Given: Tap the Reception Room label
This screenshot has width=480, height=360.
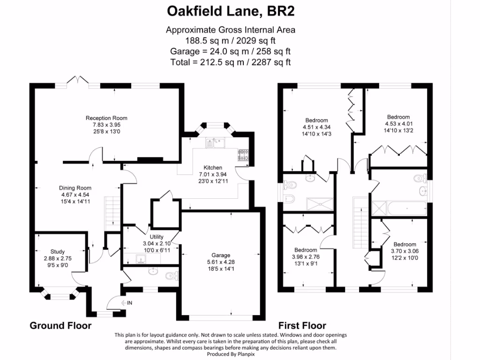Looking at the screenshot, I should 106,118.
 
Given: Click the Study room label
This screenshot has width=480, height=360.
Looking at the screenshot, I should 58,252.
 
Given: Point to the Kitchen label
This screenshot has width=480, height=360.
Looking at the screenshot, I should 213,168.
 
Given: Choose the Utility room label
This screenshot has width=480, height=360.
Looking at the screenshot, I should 157,238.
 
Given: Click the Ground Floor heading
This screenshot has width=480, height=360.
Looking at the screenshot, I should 60,325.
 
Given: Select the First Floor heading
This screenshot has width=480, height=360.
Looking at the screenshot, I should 302,325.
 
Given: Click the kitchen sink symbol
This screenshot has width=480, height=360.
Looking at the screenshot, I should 216,142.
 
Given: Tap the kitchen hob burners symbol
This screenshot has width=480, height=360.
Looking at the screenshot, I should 244,155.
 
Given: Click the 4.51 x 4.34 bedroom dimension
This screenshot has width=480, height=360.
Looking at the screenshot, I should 317,127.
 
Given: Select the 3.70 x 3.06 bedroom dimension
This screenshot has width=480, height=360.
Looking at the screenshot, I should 405,251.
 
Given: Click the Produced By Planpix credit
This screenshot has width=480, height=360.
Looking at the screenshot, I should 231,354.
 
